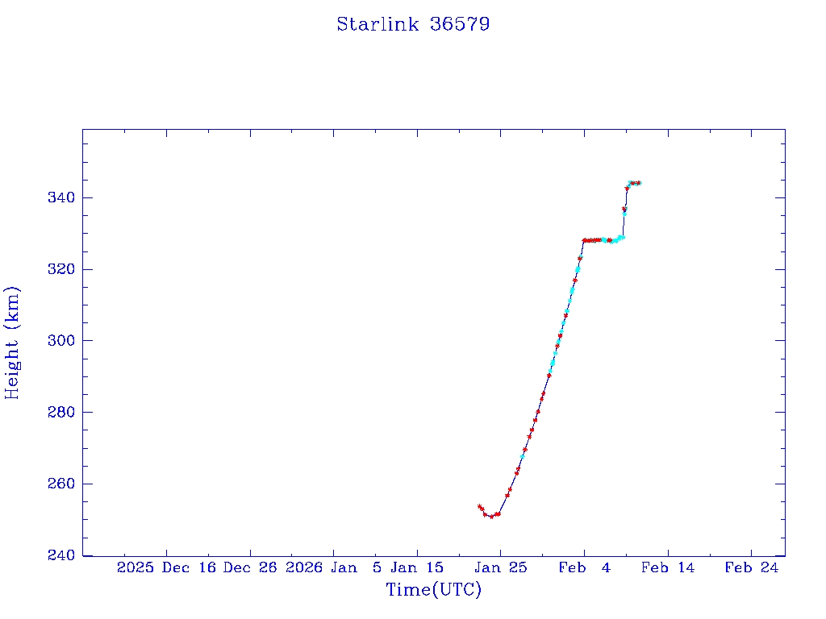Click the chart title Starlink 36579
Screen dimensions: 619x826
413,24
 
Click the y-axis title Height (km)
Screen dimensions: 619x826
12,343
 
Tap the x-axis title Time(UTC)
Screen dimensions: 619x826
434,590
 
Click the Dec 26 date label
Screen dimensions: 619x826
250,568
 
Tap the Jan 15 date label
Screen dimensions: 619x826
418,568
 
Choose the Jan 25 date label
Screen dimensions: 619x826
501,568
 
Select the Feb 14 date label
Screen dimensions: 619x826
668,568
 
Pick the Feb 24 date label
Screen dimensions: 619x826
752,568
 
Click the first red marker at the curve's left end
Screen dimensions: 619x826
479,506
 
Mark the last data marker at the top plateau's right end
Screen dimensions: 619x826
638,183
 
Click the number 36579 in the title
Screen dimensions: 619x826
460,24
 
